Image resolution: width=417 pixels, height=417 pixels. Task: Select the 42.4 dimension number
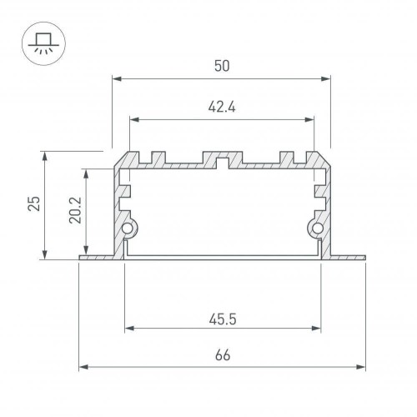pyautogui.click(x=221, y=107)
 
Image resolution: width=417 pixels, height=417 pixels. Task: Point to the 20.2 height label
pyautogui.click(x=74, y=212)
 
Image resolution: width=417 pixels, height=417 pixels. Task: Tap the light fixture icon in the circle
pyautogui.click(x=39, y=39)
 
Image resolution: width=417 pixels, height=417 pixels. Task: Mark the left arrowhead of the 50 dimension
pyautogui.click(x=116, y=79)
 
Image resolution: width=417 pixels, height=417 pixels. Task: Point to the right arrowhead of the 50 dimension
pyautogui.click(x=326, y=79)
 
